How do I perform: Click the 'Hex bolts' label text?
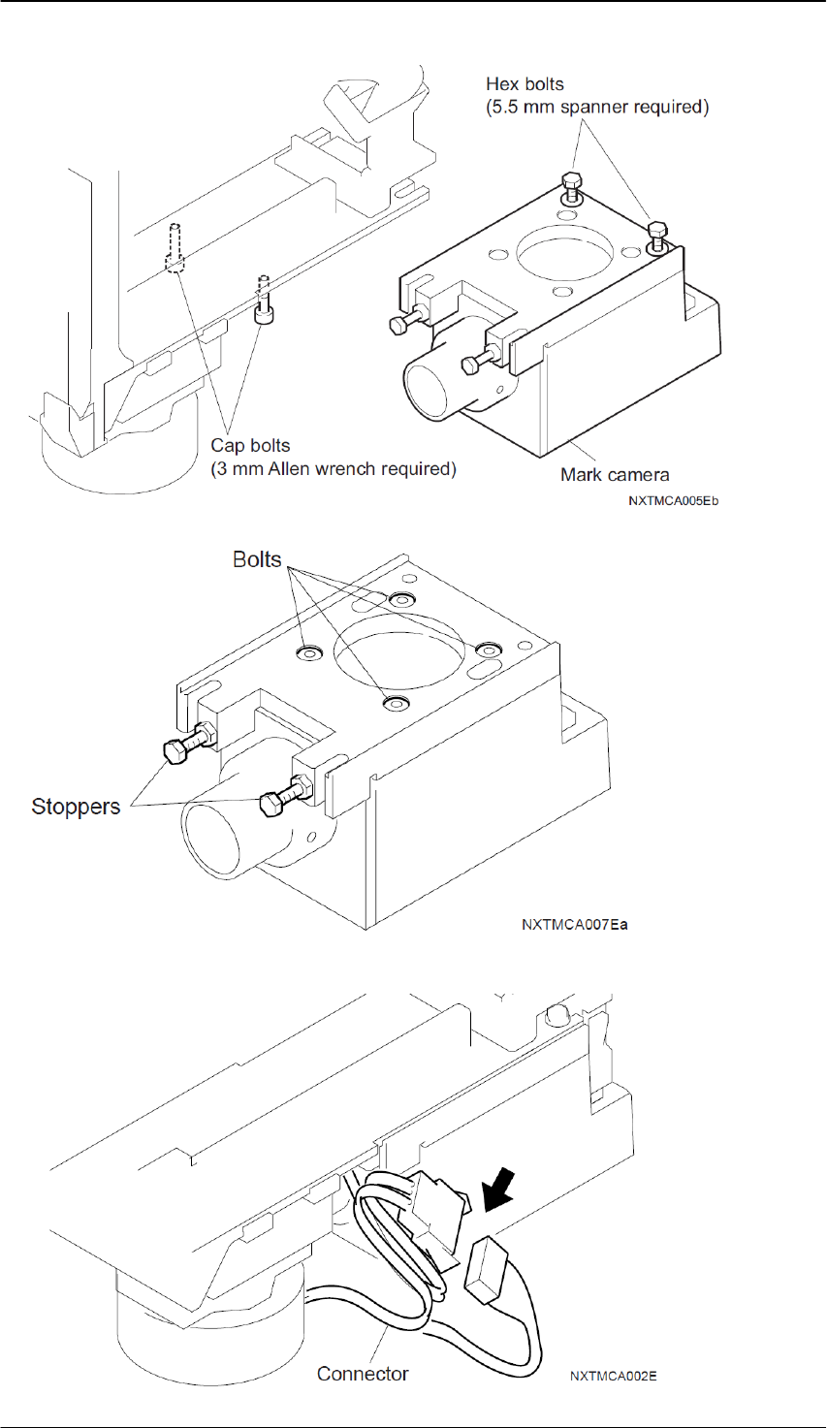pos(525,85)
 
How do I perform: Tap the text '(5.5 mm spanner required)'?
pos(596,107)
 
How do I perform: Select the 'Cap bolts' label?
pos(250,447)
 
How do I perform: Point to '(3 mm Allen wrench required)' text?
pos(333,469)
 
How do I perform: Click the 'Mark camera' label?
pos(614,475)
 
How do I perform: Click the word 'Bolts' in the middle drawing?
pos(257,559)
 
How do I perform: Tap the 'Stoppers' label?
pos(76,806)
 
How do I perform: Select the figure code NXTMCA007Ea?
pos(574,923)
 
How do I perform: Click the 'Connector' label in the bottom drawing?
pos(363,1373)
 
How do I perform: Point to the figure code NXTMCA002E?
pos(615,1375)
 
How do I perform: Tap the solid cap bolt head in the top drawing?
pos(262,313)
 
